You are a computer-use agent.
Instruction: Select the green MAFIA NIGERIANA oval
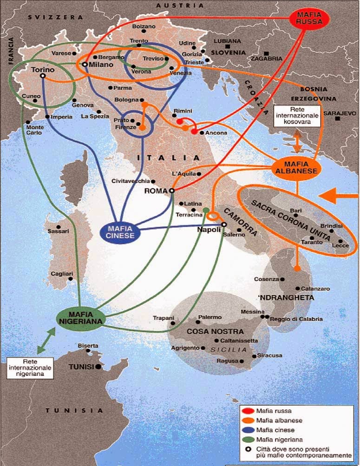coord(80,317)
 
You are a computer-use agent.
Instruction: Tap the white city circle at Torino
coord(43,76)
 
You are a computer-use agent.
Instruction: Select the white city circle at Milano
coord(85,65)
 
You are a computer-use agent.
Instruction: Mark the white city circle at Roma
coord(171,190)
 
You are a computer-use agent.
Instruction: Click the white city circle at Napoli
coord(223,224)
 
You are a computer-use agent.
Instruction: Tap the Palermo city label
coord(210,317)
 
